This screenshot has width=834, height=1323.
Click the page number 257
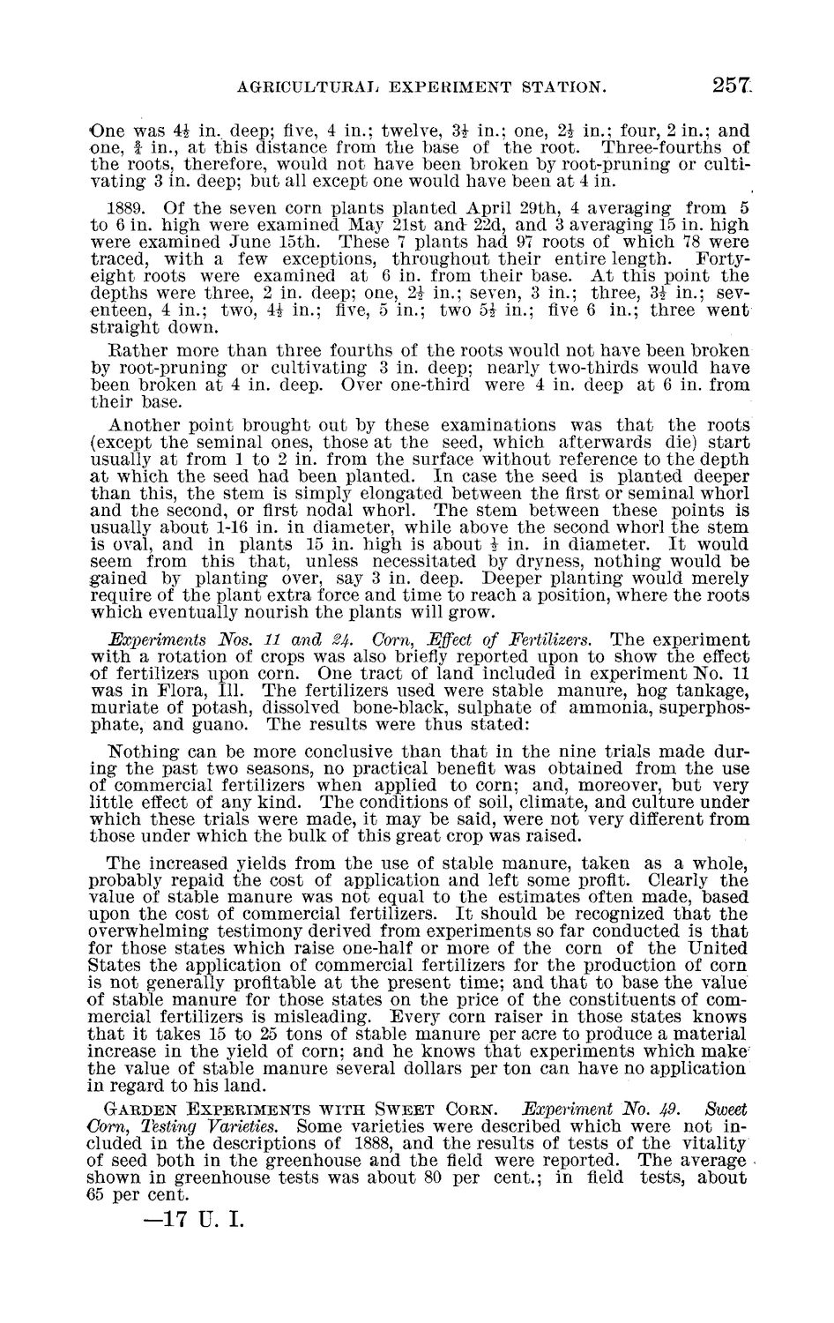(733, 85)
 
